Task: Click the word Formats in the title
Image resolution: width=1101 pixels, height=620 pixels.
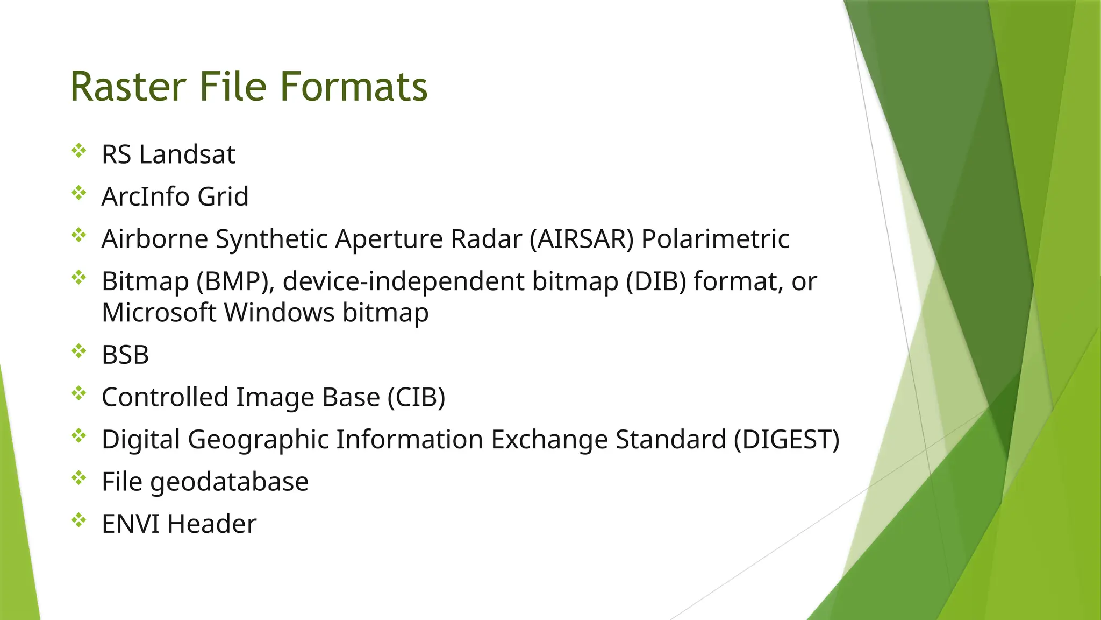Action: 353,87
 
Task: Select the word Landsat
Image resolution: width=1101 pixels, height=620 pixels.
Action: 187,154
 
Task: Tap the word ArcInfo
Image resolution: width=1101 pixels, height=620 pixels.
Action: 145,196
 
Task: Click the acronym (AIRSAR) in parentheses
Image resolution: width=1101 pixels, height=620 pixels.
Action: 582,239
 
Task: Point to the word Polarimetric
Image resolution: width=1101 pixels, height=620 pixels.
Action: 715,239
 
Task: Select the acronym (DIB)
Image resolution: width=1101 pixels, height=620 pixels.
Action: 656,281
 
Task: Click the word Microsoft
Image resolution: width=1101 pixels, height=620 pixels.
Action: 159,313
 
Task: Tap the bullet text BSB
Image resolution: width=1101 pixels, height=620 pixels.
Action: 125,355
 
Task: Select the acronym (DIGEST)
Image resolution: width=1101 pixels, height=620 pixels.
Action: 787,440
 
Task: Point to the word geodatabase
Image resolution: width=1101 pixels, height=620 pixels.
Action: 229,482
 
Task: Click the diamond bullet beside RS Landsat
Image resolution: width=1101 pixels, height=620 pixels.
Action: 78,151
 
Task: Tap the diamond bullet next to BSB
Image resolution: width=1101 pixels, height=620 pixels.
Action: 78,351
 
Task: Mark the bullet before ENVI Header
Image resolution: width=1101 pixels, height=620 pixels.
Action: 78,520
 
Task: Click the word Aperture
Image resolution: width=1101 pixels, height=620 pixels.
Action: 389,239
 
